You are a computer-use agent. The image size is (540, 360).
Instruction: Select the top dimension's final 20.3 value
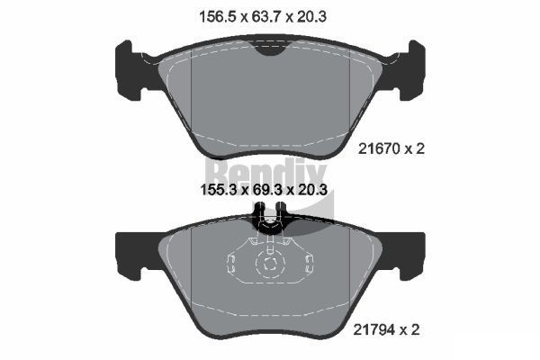(319, 15)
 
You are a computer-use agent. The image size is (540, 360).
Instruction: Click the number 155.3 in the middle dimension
(218, 191)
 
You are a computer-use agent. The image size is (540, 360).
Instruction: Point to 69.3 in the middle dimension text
(271, 191)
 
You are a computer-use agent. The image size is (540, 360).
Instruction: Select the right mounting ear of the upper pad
(411, 67)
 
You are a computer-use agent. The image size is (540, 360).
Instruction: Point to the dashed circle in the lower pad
(269, 264)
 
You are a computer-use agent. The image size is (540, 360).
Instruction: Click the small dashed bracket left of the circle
(230, 264)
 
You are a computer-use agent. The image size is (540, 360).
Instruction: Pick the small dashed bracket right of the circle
(309, 264)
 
